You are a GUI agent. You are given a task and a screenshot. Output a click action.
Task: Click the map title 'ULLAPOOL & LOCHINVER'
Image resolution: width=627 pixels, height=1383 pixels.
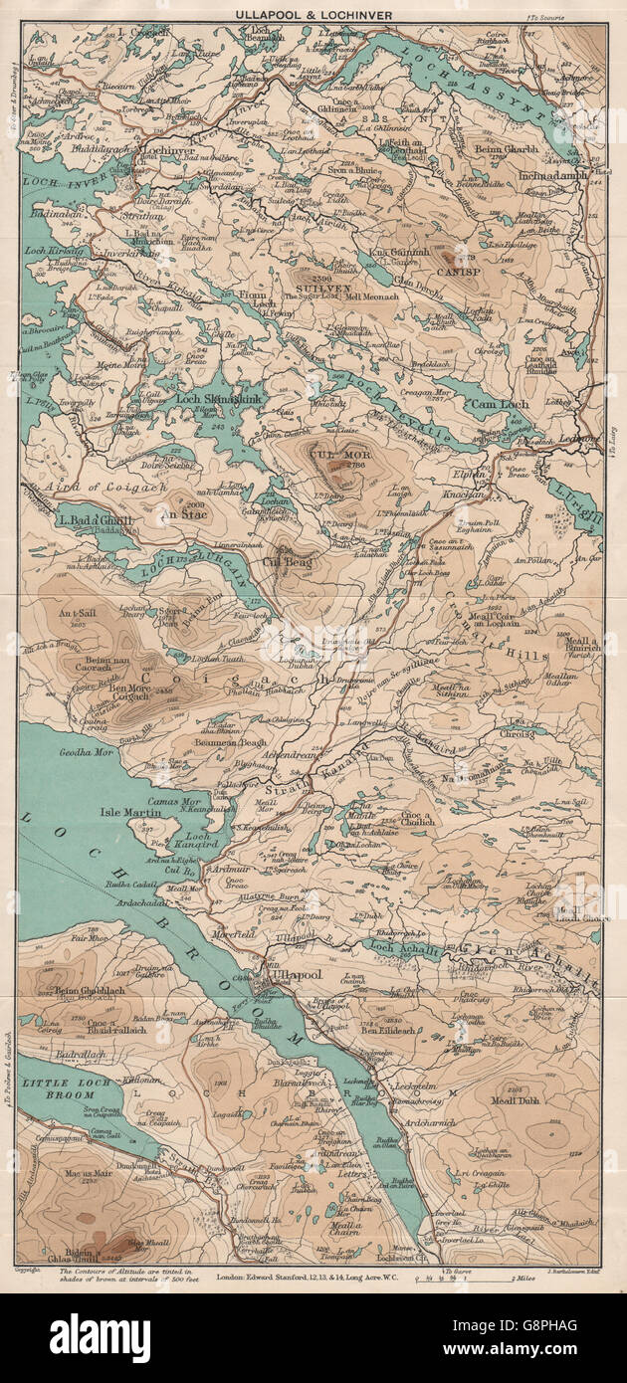[x=314, y=15]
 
